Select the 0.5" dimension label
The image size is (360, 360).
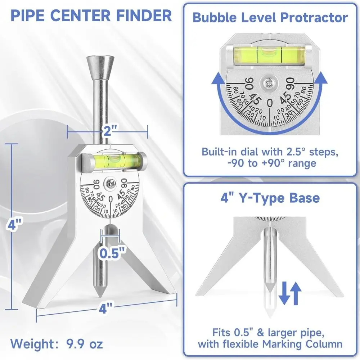(x=112, y=253)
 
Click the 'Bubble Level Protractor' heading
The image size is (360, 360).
(x=270, y=18)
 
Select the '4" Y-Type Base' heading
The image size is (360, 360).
(x=270, y=197)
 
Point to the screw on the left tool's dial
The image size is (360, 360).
(x=111, y=183)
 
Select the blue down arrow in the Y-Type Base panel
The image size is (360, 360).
(x=283, y=292)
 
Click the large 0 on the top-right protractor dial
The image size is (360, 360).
(x=270, y=103)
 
